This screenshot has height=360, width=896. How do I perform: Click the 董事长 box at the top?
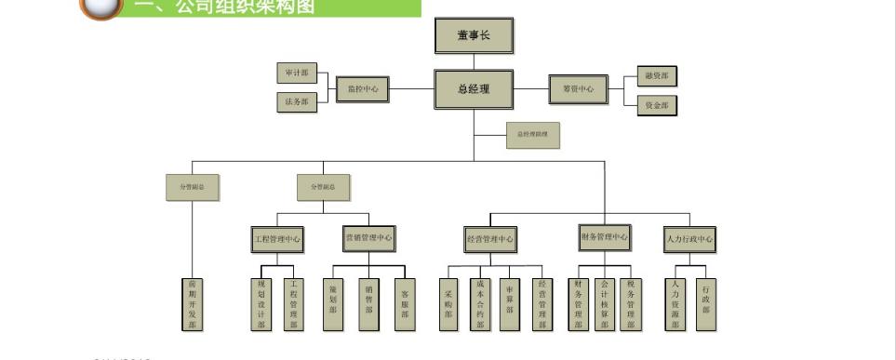coord(474,36)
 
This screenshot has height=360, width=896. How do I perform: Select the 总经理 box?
coord(474,89)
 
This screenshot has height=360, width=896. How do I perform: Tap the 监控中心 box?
coord(363,89)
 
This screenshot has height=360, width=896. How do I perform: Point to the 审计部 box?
coord(298,73)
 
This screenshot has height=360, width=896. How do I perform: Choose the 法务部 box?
coord(298,102)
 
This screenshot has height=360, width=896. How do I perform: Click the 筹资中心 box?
coord(578,89)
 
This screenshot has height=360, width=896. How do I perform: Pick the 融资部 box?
coord(656,76)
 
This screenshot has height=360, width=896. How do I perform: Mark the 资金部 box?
coord(656,105)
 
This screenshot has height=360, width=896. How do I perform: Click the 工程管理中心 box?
coord(278,239)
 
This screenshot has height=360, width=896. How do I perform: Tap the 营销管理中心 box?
coord(368,238)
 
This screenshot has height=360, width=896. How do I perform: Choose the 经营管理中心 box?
coord(490,239)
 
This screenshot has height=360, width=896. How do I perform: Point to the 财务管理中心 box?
coord(604,237)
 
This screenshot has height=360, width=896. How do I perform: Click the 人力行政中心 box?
coord(689,239)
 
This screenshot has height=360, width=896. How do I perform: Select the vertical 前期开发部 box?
coord(193,303)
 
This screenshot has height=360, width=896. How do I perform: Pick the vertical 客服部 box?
coord(404,303)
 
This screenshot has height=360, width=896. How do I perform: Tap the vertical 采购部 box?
coord(448,304)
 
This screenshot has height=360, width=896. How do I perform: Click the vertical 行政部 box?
coord(706,303)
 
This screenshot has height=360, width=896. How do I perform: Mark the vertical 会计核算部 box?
coord(604,303)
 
